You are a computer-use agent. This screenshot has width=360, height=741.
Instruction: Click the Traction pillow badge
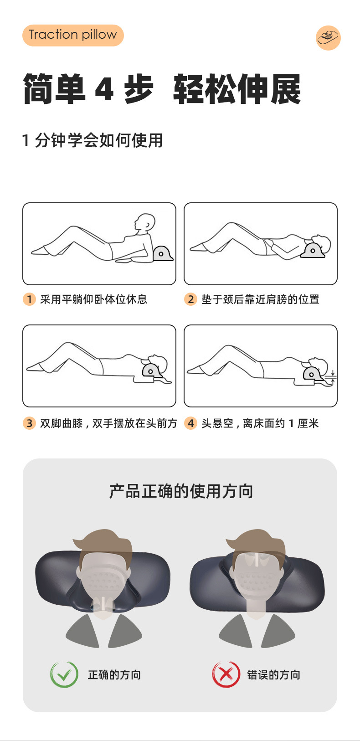pos(73,35)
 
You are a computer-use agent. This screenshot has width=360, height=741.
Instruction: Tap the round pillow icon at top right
pos(328,38)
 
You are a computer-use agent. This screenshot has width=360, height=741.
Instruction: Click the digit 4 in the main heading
pos(104,89)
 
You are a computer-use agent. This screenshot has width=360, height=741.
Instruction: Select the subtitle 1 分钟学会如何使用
pos(93,140)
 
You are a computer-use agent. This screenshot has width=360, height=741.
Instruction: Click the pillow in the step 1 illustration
pos(162,253)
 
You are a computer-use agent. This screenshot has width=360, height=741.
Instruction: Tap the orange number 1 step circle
pos(29,299)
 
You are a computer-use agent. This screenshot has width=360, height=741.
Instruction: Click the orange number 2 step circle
pos(190,299)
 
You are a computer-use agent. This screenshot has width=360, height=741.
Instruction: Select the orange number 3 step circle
pos(29,423)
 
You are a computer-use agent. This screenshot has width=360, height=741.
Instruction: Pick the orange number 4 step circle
pos(190,423)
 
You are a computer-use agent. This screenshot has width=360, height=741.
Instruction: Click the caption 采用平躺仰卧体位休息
pos(93,299)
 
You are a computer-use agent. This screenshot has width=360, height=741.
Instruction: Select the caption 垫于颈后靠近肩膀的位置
pos(260,299)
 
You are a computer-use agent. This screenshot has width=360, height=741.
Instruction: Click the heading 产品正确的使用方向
pos(181,491)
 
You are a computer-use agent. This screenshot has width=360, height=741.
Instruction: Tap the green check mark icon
pos(64,674)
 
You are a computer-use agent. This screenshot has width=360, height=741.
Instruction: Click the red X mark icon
pos(226,674)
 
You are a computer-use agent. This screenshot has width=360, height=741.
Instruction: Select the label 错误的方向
pos(273,675)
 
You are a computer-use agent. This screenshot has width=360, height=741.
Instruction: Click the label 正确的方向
pos(114,675)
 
